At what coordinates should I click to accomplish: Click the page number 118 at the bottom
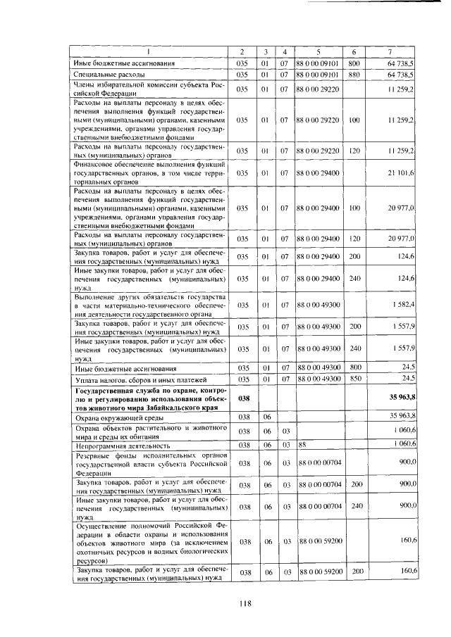[x=225, y=602]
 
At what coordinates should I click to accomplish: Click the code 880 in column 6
[x=354, y=74]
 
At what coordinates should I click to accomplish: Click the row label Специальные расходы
[x=110, y=74]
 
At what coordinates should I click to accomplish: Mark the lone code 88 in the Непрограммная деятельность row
[x=303, y=445]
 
